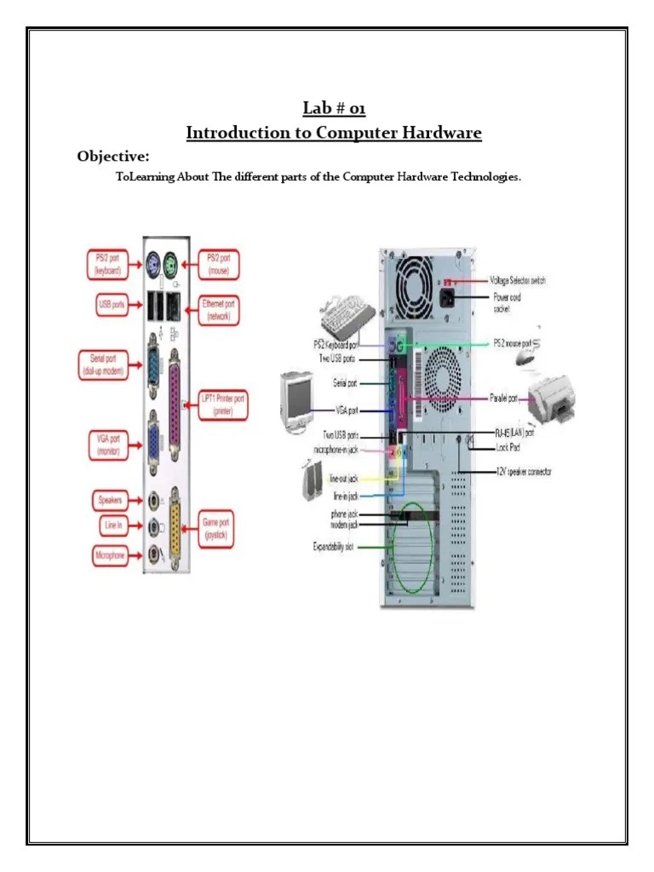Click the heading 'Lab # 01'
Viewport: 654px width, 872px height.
click(x=334, y=108)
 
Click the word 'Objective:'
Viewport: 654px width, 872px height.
click(x=113, y=156)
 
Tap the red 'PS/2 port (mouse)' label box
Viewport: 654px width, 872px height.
click(x=219, y=264)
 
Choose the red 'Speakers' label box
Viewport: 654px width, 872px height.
click(x=110, y=500)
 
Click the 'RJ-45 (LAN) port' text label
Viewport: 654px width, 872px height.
click(x=519, y=433)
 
